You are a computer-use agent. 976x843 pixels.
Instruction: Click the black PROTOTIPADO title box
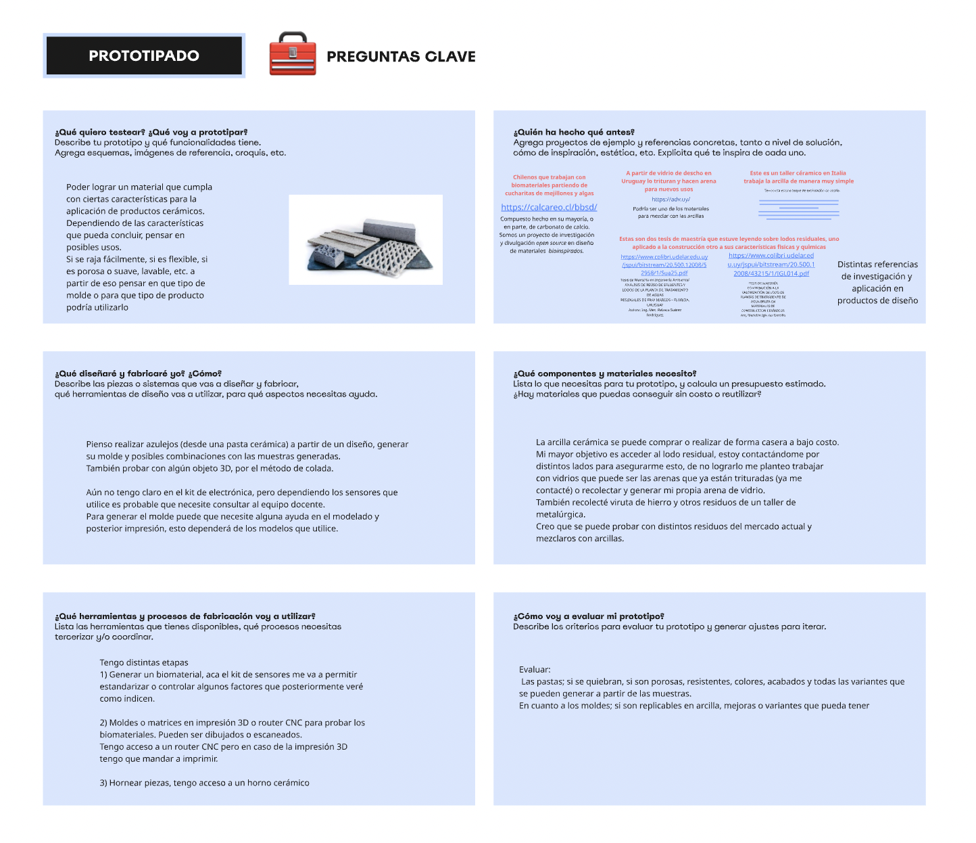click(144, 55)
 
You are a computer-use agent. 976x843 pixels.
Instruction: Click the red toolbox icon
click(292, 54)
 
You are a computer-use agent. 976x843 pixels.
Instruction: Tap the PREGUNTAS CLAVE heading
click(401, 57)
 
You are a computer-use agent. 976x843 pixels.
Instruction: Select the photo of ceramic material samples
click(366, 240)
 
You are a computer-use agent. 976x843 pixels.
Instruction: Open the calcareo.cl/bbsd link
click(549, 208)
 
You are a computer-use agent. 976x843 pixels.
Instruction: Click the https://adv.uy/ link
click(670, 200)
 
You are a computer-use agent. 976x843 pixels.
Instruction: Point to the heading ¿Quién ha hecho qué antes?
click(574, 133)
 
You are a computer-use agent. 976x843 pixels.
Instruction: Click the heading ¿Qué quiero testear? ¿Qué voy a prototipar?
click(151, 133)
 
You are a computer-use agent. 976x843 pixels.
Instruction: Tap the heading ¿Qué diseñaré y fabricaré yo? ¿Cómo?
click(138, 373)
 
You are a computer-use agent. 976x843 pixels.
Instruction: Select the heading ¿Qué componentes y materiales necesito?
click(605, 373)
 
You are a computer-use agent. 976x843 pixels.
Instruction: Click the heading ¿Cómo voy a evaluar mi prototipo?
click(589, 616)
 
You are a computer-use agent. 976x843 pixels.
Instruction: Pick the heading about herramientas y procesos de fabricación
click(185, 616)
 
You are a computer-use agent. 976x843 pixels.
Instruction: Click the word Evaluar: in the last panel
click(535, 670)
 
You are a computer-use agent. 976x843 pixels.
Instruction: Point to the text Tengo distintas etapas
click(144, 663)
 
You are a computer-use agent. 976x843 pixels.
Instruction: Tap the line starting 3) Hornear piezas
click(205, 783)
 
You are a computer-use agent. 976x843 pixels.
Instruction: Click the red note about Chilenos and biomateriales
click(549, 185)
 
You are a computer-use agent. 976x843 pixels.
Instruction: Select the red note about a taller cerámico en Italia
click(798, 177)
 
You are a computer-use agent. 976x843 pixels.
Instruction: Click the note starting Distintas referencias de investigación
click(877, 283)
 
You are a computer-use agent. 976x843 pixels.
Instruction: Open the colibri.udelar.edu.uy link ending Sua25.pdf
click(664, 265)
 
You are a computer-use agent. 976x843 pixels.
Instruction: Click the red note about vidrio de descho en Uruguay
click(668, 181)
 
